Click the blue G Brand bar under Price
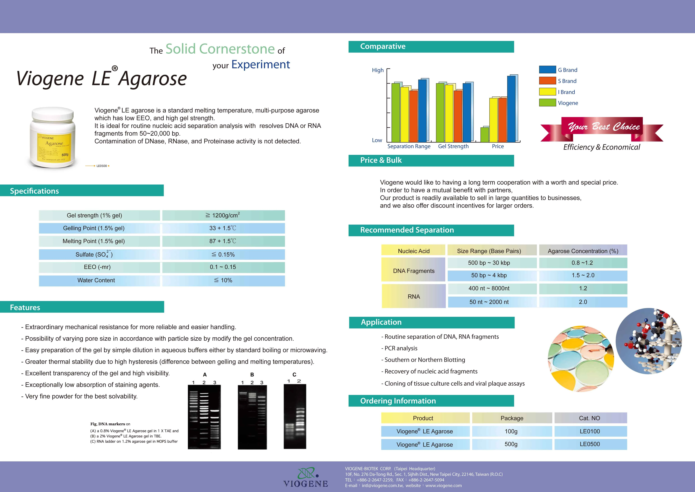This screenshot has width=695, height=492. [x=511, y=109]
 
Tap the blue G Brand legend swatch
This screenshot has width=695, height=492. [x=547, y=70]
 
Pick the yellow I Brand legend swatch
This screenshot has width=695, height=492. [x=547, y=92]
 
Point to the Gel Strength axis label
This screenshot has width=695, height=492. [x=453, y=146]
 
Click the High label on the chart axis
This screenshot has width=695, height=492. [x=377, y=70]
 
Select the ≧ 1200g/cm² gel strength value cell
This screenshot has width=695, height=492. [x=223, y=215]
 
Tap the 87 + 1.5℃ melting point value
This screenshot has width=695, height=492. [x=223, y=241]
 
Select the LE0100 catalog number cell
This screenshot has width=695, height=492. [x=590, y=431]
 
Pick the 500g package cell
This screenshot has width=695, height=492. [x=511, y=444]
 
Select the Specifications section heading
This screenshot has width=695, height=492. [x=34, y=191]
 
